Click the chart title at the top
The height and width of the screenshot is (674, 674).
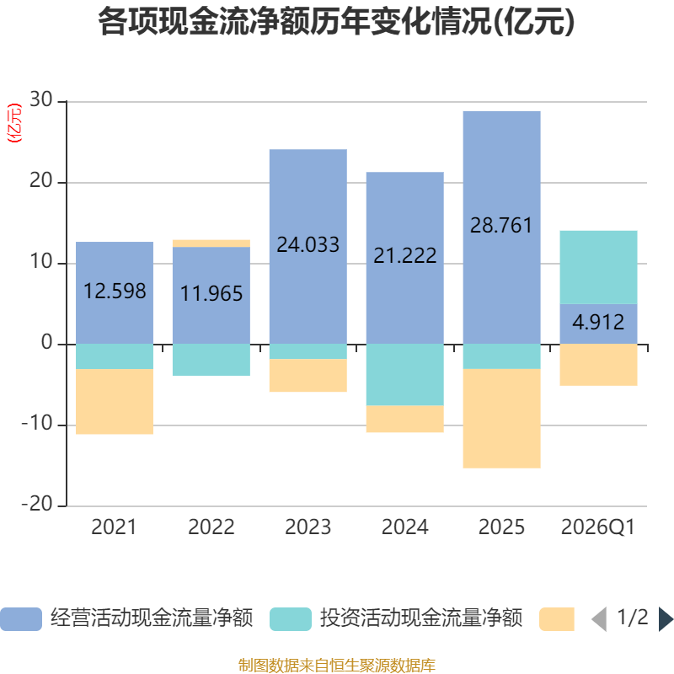coord(336,23)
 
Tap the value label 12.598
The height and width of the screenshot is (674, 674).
coord(115,292)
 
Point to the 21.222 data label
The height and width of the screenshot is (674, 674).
coord(405,255)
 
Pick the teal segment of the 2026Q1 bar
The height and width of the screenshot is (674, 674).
coord(598,267)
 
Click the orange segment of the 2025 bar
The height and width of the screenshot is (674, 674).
coord(501,418)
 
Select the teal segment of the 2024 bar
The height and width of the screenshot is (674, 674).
coord(404,375)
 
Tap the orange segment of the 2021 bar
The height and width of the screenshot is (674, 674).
coord(115,402)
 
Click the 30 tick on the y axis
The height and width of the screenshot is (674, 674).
coord(41,101)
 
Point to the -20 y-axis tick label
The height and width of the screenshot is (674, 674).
coord(37,505)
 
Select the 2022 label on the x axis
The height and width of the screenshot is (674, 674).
coord(211,528)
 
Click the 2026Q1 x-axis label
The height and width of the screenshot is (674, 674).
coord(598,528)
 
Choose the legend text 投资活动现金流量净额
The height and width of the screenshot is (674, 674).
coord(421,619)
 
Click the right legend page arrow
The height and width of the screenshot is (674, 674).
coord(666,619)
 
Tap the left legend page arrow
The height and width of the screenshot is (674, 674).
coord(598,619)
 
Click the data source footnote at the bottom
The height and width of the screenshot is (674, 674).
coord(336,666)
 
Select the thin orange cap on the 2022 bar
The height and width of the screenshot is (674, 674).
coord(211,243)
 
